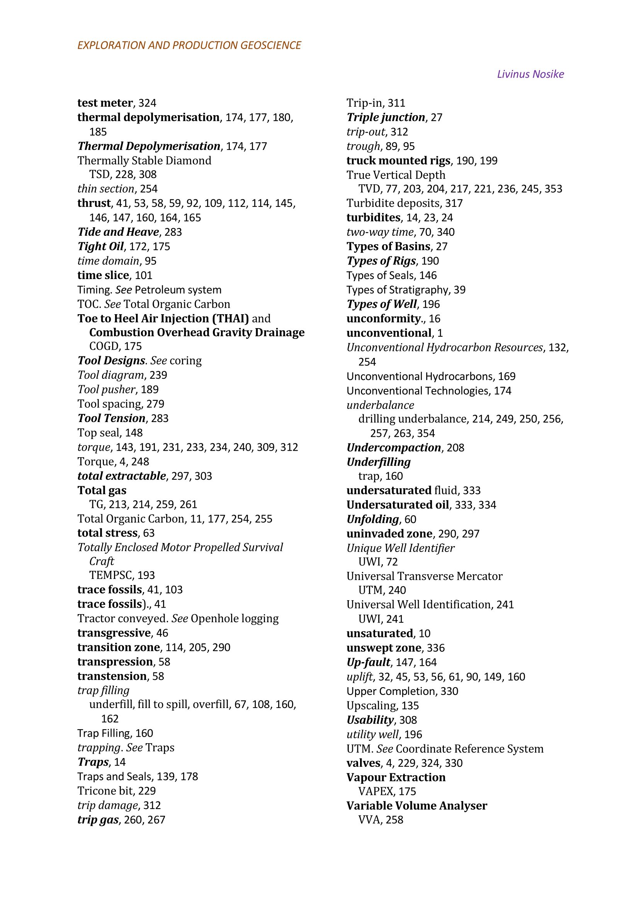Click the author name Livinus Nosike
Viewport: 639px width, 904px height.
click(x=530, y=74)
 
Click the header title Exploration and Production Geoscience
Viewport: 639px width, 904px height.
click(x=189, y=45)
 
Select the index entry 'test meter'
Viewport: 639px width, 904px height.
click(x=105, y=103)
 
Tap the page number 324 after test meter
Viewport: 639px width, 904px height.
click(x=147, y=103)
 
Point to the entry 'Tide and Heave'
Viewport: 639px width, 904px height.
click(x=118, y=232)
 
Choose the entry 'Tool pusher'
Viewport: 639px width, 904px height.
click(x=106, y=390)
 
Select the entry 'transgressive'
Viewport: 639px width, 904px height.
click(x=114, y=633)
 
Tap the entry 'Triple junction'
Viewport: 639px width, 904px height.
click(x=386, y=117)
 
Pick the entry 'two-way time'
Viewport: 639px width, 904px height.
click(x=380, y=232)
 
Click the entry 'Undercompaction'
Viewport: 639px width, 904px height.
click(x=393, y=448)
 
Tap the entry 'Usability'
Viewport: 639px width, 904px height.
click(x=370, y=720)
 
